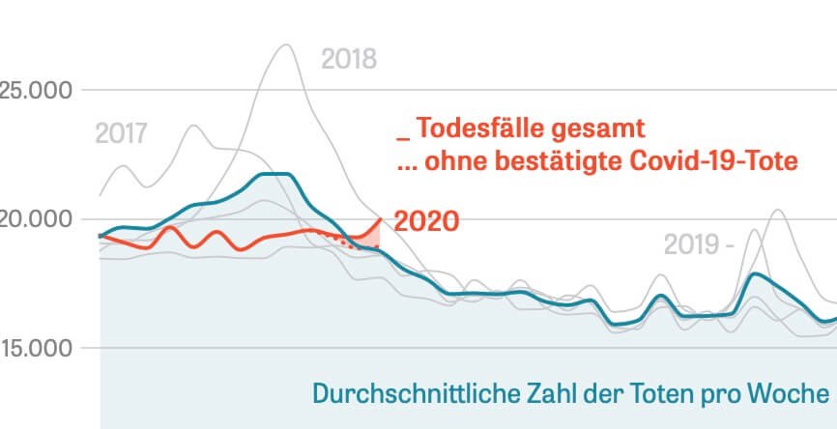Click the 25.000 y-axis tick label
pyautogui.click(x=36, y=91)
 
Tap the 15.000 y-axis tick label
pyautogui.click(x=36, y=348)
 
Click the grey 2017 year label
pyautogui.click(x=122, y=133)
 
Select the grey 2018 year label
pyautogui.click(x=348, y=60)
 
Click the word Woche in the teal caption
pyautogui.click(x=794, y=394)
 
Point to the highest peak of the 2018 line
pyautogui.click(x=285, y=45)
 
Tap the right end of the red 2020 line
pyautogui.click(x=380, y=219)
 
